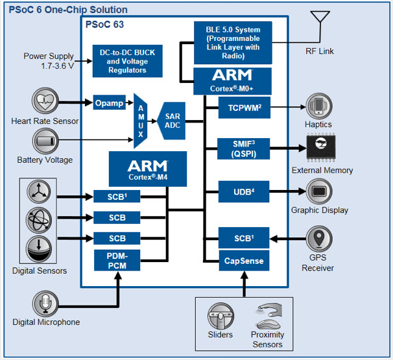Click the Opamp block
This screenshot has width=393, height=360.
pos(108,103)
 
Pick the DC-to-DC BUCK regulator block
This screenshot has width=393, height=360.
pos(128,60)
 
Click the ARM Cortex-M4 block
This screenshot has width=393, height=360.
pos(147,168)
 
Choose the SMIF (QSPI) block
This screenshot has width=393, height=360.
pos(244,149)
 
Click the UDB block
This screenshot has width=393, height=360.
pos(244,191)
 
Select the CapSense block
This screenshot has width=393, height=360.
pos(244,261)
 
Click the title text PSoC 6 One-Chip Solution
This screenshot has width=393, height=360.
pos(68,10)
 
